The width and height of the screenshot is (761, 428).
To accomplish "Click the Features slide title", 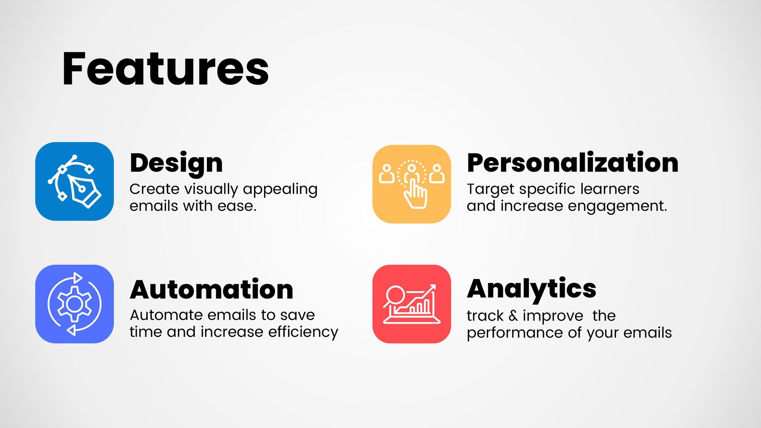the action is click(x=166, y=69).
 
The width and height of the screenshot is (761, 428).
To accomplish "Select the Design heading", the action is click(x=176, y=163).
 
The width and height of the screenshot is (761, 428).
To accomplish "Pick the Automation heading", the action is click(x=212, y=289).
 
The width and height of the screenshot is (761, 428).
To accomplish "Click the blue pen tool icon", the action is click(x=75, y=182).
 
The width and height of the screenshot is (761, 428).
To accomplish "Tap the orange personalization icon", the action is click(x=412, y=184).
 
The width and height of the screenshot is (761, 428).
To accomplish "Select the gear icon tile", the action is click(x=75, y=304).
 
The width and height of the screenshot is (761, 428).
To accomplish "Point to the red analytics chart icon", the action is click(x=412, y=304).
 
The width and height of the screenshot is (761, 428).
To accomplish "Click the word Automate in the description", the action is click(x=166, y=315).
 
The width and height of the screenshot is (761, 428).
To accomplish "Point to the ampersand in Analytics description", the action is click(x=513, y=316).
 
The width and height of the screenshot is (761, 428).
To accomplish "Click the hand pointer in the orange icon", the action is click(x=415, y=194).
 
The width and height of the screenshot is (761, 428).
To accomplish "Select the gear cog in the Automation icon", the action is click(x=74, y=304).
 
